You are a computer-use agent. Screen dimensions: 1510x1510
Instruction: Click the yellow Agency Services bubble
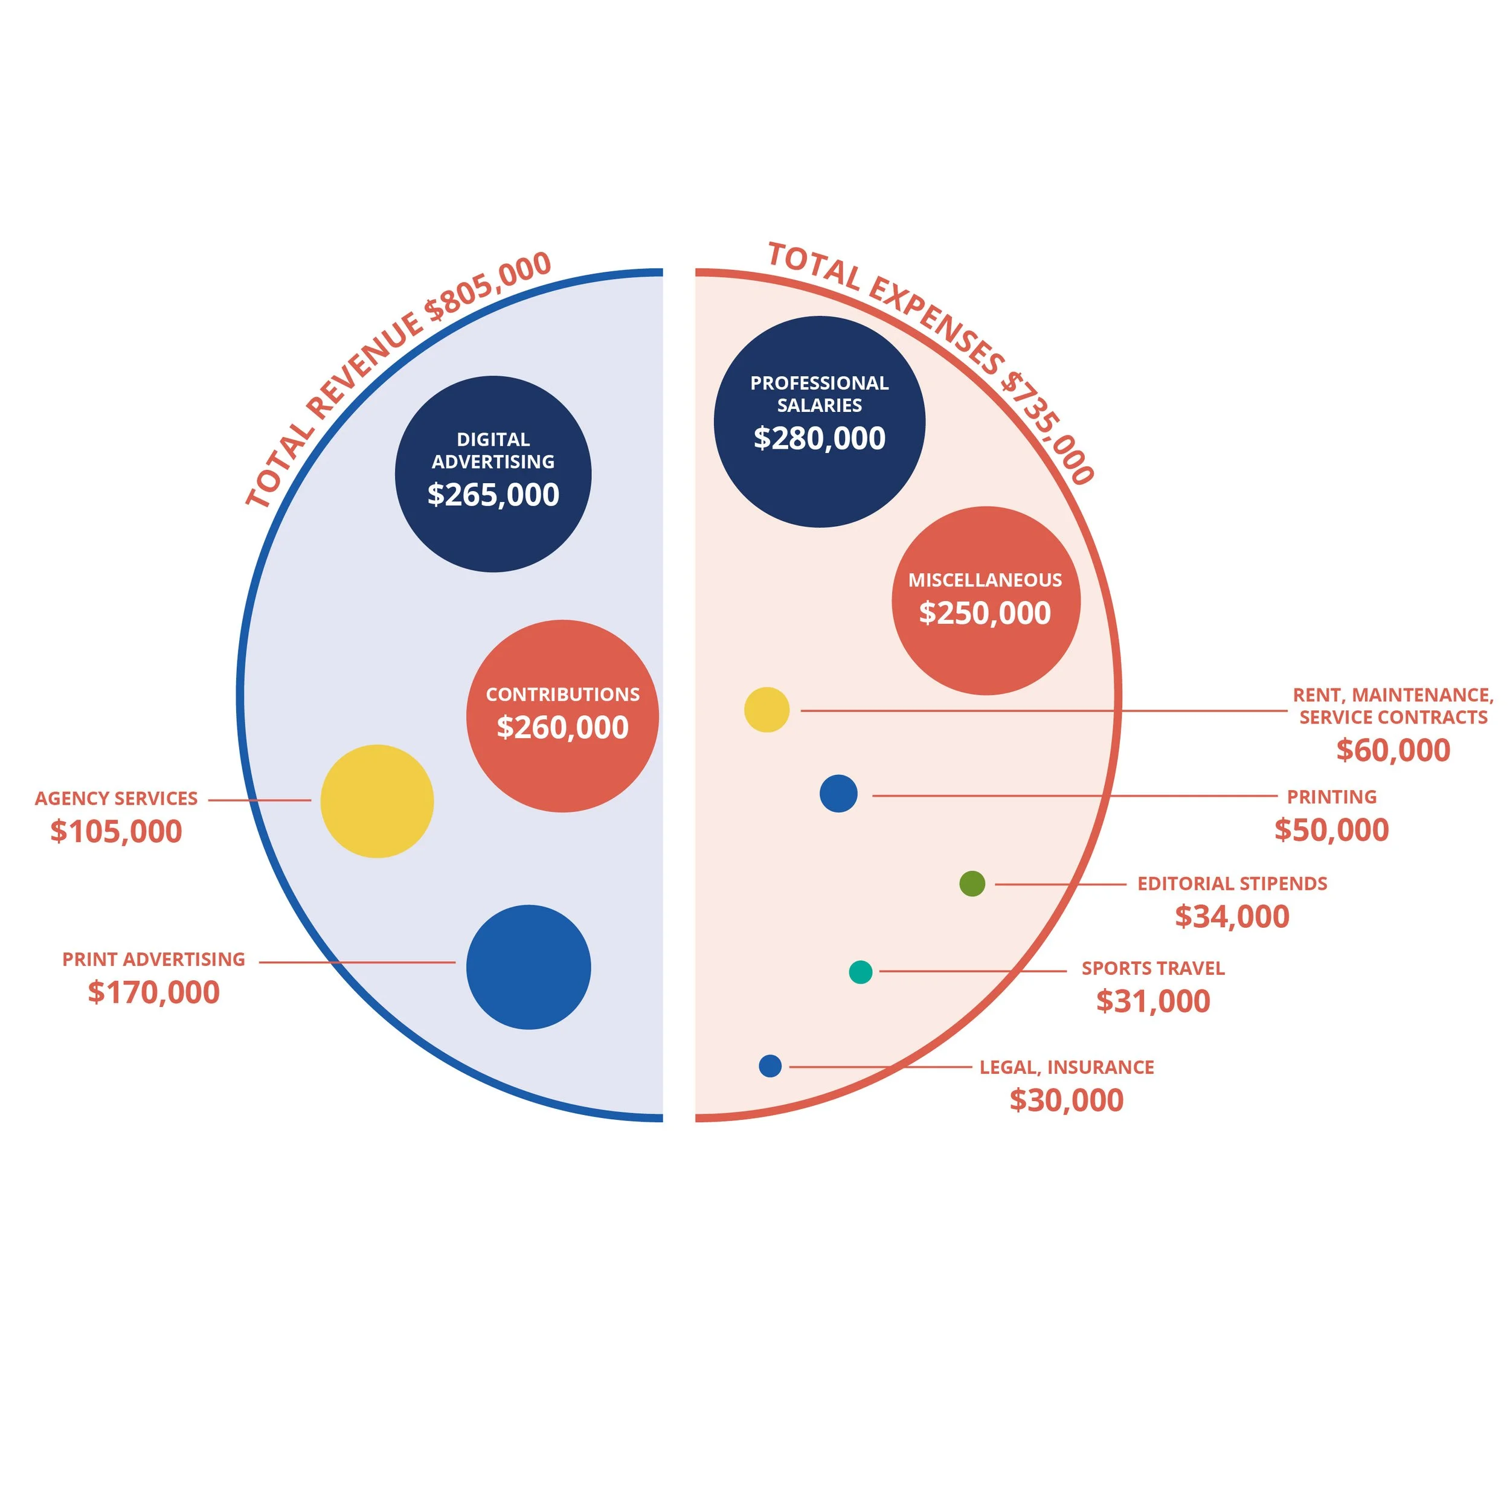click(x=377, y=801)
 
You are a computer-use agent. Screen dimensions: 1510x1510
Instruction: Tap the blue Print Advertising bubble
click(x=528, y=967)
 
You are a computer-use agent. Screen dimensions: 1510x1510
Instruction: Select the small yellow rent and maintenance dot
click(x=766, y=710)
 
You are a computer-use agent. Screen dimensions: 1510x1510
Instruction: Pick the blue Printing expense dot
click(x=838, y=793)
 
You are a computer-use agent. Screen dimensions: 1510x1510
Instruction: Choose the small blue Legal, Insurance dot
click(x=770, y=1065)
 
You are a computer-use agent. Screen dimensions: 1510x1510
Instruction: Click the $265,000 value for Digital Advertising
click(x=493, y=495)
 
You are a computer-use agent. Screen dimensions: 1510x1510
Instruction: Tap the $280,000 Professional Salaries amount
click(x=819, y=439)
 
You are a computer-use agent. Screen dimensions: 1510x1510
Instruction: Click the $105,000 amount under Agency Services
click(x=116, y=832)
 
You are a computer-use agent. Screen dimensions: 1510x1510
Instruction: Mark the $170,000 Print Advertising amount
click(x=154, y=992)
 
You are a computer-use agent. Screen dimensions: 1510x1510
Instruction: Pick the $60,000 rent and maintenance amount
click(x=1393, y=750)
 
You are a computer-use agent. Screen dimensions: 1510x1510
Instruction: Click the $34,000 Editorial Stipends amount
click(x=1232, y=917)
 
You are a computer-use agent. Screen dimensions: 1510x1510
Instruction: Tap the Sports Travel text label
click(x=1153, y=968)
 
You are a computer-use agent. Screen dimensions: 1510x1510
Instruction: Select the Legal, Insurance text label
click(x=1066, y=1067)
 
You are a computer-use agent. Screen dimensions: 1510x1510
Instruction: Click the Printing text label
click(x=1332, y=797)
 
